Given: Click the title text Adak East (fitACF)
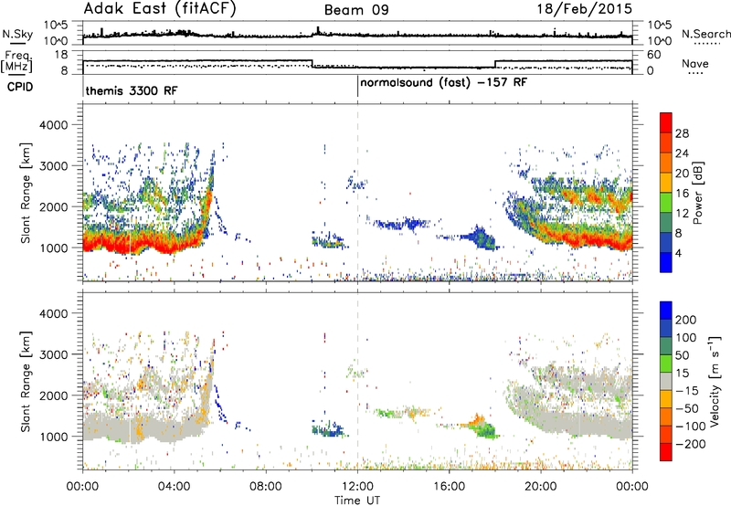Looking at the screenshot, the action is pos(160,8).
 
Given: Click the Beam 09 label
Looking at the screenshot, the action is pos(356,10).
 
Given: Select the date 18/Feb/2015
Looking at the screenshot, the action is pos(585,8).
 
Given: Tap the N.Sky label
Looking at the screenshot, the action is pos(17,34).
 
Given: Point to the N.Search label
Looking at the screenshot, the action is pos(705,34).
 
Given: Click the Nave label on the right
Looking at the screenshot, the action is pos(695,63).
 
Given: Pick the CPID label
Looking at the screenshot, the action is pos(20,87).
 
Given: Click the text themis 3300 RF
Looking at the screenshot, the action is pos(132,90).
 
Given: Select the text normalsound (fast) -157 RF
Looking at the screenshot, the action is pos(444,83).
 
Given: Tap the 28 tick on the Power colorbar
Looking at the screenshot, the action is pos(682,133).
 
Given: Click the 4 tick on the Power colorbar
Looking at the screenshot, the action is pos(678,254).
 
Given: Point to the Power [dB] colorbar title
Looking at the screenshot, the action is pos(697,193).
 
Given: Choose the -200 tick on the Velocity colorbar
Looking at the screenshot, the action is pos(691,444).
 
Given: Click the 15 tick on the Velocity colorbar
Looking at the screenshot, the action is pos(682,374).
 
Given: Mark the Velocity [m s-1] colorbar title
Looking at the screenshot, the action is pos(715,381).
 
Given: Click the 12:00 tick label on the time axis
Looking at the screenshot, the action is pos(357,487).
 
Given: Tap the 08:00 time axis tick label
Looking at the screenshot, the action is pos(266,487).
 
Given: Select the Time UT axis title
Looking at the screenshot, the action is pos(357,501).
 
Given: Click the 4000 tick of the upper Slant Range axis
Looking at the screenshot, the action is pos(54,125).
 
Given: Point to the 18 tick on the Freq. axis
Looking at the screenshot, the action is pos(61,55).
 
